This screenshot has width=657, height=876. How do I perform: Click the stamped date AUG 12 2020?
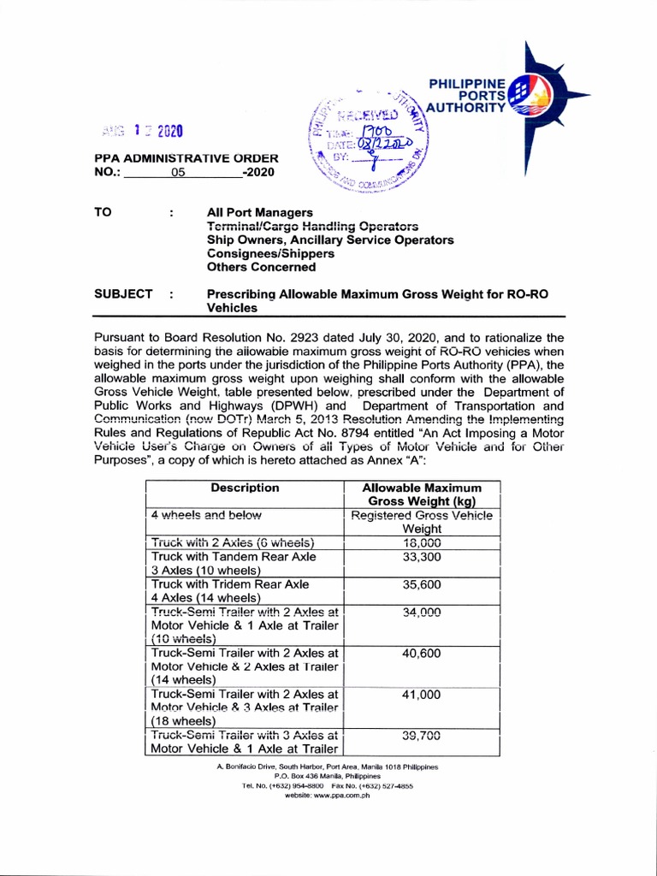coord(142,131)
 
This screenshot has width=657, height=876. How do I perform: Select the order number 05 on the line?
coord(177,171)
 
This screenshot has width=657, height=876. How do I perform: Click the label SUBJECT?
coord(123,293)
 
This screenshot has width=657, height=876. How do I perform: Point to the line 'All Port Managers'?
coord(260,212)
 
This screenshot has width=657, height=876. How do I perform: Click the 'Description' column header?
coord(245,488)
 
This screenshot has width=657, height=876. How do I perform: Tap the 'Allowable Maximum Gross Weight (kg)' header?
coord(422,494)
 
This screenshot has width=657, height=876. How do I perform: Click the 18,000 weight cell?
coord(422,542)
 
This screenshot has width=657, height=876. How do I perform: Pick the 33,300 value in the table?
coord(422,557)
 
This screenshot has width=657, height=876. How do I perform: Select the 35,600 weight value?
coord(422,584)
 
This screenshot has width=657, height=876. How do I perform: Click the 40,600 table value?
coord(422,653)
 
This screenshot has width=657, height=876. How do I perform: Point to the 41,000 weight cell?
coord(422,695)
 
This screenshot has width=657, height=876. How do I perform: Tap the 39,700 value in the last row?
coord(422,735)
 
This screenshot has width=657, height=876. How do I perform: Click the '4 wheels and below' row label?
coord(206,515)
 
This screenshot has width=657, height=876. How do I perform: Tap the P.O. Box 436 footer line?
coord(328,776)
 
